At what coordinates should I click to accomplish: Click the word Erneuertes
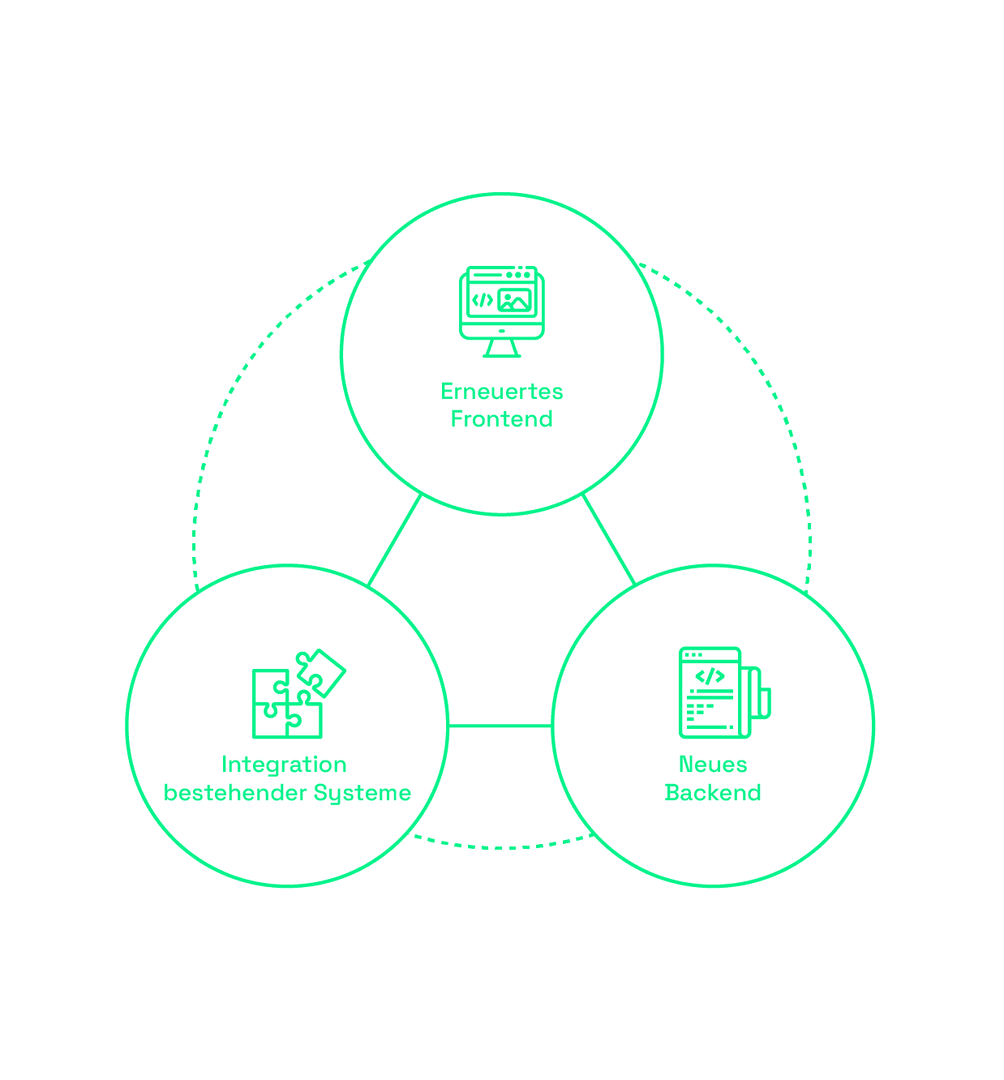click(x=501, y=392)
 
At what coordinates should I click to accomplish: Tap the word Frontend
click(x=501, y=419)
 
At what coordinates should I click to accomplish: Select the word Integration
click(x=284, y=765)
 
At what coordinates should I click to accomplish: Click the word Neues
click(x=713, y=765)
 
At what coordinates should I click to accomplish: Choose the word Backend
click(x=713, y=792)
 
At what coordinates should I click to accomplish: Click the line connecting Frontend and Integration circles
click(x=395, y=539)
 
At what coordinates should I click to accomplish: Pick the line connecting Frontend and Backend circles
click(x=608, y=539)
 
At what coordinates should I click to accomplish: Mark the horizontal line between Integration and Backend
click(x=500, y=726)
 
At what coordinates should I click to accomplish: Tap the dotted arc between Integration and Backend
click(x=503, y=847)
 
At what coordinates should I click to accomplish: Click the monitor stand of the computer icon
click(x=501, y=348)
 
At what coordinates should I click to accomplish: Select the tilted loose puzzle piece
click(x=323, y=672)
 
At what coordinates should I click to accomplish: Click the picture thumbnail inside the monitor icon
click(x=514, y=301)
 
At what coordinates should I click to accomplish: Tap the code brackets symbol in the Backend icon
click(x=710, y=676)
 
